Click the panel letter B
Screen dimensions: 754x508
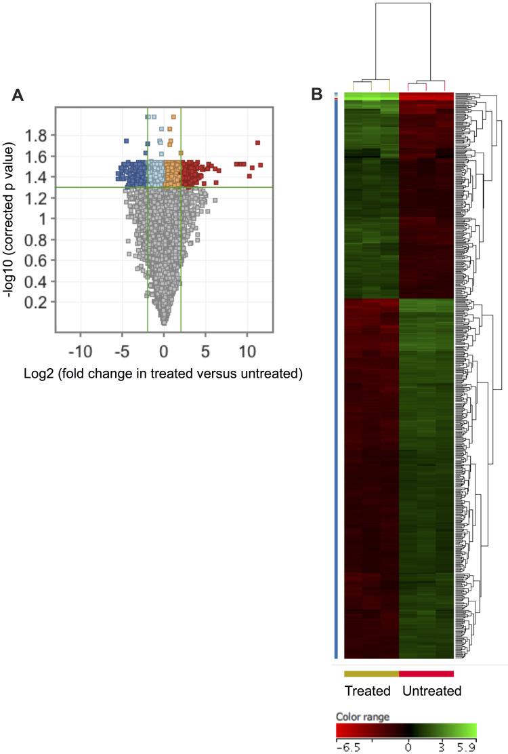pos(316,95)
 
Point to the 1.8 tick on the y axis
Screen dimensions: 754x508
pos(38,136)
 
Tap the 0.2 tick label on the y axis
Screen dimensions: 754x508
pos(38,302)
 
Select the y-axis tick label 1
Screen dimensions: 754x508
pos(45,219)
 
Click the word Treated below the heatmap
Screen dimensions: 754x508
pos(368,692)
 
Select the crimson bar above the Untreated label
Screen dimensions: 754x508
pos(426,673)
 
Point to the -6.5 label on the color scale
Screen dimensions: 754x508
pos(346,747)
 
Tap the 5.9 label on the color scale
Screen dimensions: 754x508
pos(467,747)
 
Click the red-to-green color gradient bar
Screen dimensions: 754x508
pos(406,730)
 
